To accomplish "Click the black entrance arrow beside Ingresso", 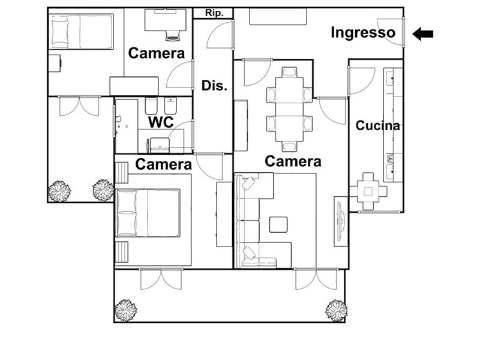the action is click(x=423, y=34).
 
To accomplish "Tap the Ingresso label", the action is click(x=363, y=32).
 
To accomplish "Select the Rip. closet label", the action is click(x=214, y=13).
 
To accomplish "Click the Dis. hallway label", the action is click(x=214, y=85).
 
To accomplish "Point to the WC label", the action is click(x=161, y=122).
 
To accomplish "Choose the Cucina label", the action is click(x=378, y=125).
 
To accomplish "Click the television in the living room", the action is click(x=340, y=221).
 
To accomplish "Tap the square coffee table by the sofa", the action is click(x=278, y=224).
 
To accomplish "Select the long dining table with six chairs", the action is click(x=289, y=109).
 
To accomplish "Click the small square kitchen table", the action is click(x=368, y=191).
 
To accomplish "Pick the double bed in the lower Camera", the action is click(x=148, y=213).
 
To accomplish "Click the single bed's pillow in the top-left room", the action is click(x=59, y=32).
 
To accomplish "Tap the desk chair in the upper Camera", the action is click(x=173, y=35).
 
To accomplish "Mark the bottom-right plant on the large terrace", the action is click(x=336, y=311).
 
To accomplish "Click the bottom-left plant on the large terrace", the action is click(x=125, y=310).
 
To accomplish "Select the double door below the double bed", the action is click(x=161, y=279).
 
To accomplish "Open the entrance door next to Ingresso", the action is click(x=391, y=32).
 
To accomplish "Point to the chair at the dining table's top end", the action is click(x=289, y=72).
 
